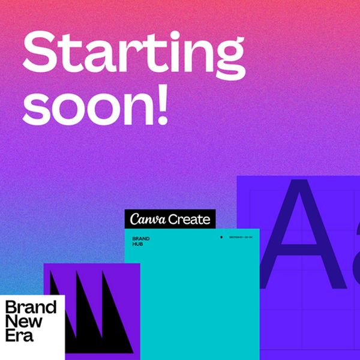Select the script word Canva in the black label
point(147,219)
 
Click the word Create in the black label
point(189,220)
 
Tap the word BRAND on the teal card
point(141,239)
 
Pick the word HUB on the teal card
point(138,245)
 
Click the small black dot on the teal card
point(221,237)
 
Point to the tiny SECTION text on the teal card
point(241,237)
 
